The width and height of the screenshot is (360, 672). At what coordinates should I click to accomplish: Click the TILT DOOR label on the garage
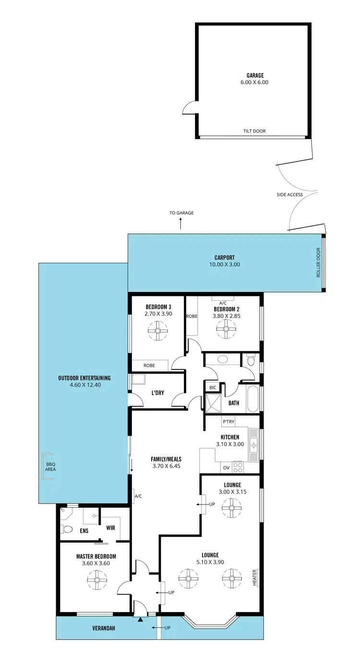coord(254,131)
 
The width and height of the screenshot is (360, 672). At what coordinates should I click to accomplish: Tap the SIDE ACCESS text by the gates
coord(289,195)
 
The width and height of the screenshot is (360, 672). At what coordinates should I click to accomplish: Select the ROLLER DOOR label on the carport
coord(318,263)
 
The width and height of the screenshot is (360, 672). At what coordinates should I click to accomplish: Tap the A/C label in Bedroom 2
coord(223,303)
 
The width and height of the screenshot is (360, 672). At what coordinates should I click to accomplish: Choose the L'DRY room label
coord(158,393)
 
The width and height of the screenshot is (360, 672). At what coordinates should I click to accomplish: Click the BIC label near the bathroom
coord(212,387)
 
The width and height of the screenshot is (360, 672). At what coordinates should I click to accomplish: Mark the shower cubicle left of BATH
coord(213,403)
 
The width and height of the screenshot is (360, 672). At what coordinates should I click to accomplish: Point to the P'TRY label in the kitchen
coord(228,422)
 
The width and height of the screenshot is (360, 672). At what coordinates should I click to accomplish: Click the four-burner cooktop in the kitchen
coord(238,466)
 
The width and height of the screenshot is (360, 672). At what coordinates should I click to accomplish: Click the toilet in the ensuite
coord(67,530)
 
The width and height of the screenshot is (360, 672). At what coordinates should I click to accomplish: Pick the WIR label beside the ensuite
coord(110,527)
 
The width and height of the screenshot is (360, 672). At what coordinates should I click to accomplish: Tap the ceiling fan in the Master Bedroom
coord(97,580)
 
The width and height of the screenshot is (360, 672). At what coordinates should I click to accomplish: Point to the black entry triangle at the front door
coord(140,620)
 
